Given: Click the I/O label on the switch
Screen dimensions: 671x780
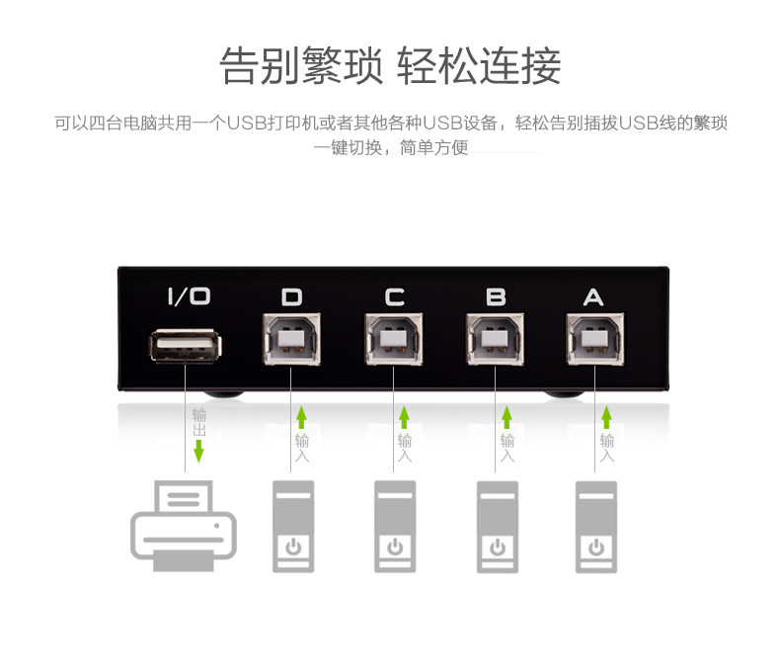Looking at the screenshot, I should [x=188, y=296].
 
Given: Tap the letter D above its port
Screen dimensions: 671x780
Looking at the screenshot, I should [x=292, y=296].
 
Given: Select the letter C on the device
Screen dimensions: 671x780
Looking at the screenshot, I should [x=394, y=296].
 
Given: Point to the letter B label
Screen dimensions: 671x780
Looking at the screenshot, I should [x=496, y=296].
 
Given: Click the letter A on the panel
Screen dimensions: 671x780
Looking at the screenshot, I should [x=592, y=296].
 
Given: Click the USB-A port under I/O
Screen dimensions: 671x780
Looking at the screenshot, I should [x=186, y=347].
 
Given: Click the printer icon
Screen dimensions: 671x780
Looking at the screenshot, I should [x=184, y=525].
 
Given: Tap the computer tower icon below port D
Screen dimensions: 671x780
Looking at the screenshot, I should [x=293, y=526].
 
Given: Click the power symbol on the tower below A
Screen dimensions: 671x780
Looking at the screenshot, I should [x=596, y=546].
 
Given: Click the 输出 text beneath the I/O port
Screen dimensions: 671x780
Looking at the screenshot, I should [x=199, y=422].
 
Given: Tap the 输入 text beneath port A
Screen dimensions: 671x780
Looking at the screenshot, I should [x=607, y=448].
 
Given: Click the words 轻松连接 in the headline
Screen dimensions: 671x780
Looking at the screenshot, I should [x=479, y=66].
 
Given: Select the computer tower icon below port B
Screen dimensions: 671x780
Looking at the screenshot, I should [x=498, y=526].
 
